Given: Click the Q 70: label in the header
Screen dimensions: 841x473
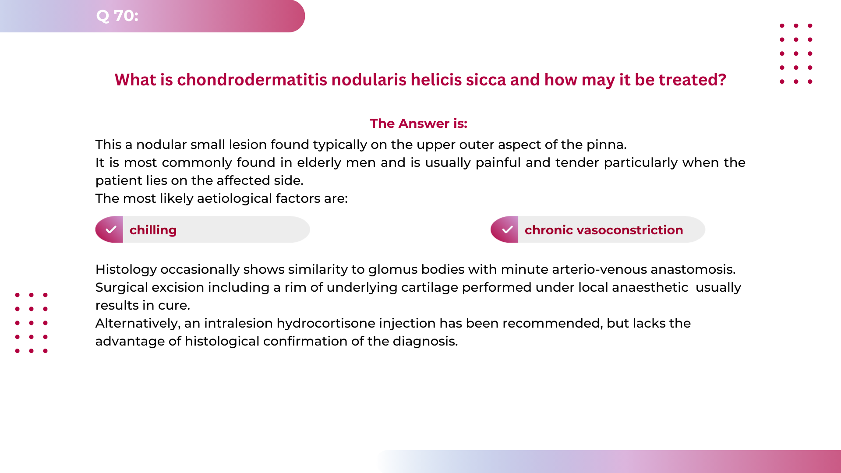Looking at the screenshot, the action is click(117, 16).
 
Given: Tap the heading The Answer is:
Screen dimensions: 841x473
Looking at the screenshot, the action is click(418, 124).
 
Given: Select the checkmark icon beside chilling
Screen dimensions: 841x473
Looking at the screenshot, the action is click(111, 229).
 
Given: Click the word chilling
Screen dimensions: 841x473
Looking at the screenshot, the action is click(153, 230).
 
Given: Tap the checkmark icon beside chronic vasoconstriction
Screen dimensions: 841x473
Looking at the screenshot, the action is click(507, 229).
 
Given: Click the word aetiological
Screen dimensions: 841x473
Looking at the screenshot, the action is click(231, 198).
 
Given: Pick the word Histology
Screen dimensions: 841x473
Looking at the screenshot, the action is click(126, 269).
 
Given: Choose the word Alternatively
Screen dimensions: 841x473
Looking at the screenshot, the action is click(138, 323).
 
